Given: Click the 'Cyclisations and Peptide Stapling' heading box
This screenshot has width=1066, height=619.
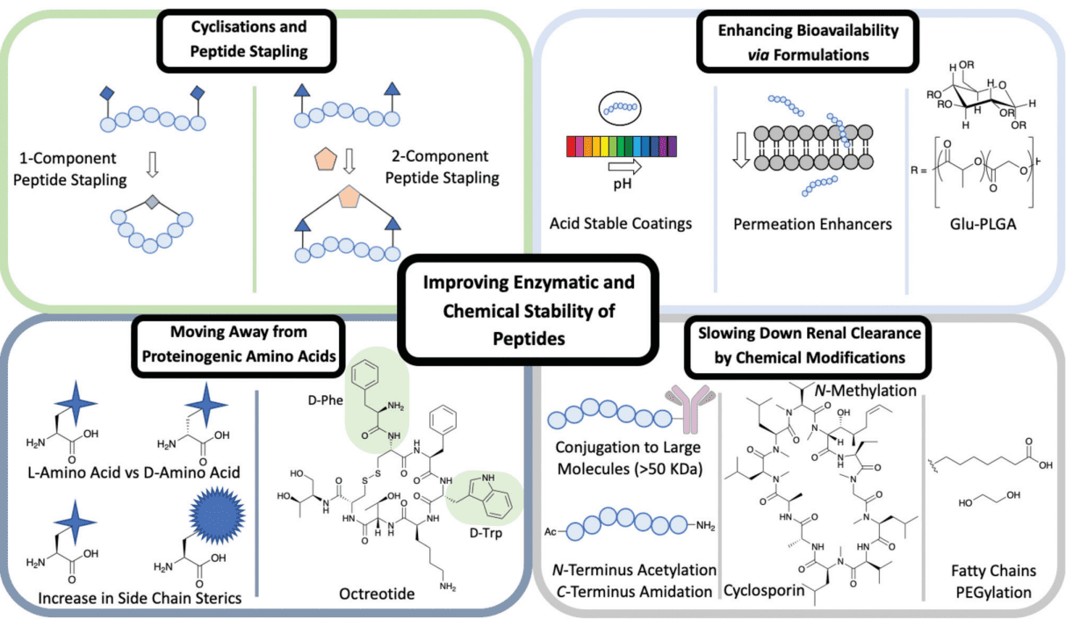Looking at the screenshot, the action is pyautogui.click(x=247, y=40).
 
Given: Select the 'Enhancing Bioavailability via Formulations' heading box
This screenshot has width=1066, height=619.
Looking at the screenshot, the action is pyautogui.click(x=808, y=42).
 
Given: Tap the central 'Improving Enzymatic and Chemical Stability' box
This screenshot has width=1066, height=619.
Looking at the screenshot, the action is pyautogui.click(x=529, y=310).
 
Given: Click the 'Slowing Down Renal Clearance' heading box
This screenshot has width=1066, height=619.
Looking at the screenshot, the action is pyautogui.click(x=808, y=346).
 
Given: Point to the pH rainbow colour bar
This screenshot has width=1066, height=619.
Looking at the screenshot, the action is pyautogui.click(x=621, y=147).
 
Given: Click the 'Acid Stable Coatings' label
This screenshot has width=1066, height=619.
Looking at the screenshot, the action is pyautogui.click(x=621, y=223).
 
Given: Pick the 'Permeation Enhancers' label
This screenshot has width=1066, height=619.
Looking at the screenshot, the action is pyautogui.click(x=812, y=224).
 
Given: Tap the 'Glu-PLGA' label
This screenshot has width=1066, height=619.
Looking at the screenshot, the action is pyautogui.click(x=983, y=224).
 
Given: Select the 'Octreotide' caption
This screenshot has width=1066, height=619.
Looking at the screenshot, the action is pyautogui.click(x=377, y=594).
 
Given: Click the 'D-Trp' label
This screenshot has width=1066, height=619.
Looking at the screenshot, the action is pyautogui.click(x=486, y=533).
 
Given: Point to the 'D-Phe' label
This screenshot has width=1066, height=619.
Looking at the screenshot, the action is pyautogui.click(x=326, y=400).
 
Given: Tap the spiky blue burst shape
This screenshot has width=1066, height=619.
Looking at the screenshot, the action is pyautogui.click(x=217, y=515).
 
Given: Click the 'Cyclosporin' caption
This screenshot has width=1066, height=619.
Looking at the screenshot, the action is pyautogui.click(x=764, y=590).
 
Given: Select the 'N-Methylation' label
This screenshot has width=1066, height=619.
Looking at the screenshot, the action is pyautogui.click(x=866, y=391).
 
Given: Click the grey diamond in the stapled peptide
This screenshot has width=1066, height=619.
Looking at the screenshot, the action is pyautogui.click(x=152, y=202).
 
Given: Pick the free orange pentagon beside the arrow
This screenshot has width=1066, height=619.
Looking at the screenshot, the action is pyautogui.click(x=326, y=160).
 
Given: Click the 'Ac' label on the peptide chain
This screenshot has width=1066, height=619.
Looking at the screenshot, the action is pyautogui.click(x=551, y=531).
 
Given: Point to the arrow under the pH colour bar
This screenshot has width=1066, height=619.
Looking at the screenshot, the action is pyautogui.click(x=625, y=167).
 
